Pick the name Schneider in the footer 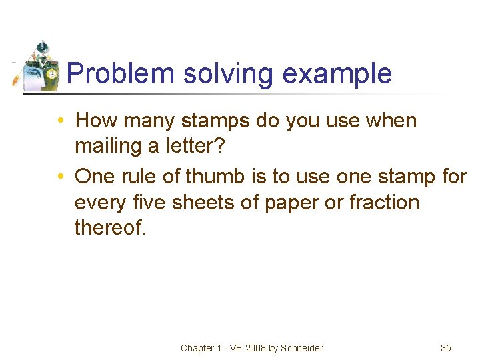pyautogui.click(x=301, y=347)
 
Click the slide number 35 pyautogui.click(x=446, y=347)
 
